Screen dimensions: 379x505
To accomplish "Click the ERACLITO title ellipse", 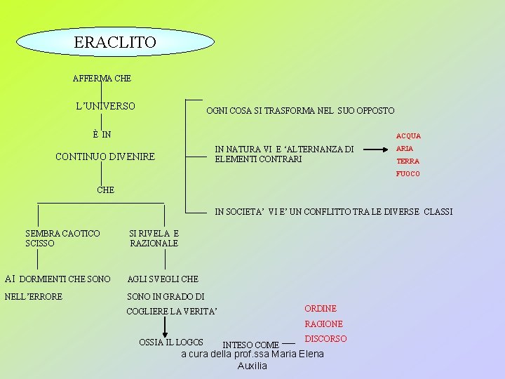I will coord(115,42).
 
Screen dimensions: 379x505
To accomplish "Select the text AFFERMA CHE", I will coord(102,78).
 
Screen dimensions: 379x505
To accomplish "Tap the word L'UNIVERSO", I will coord(105,106).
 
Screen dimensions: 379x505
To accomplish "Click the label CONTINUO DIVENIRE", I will coord(105,156).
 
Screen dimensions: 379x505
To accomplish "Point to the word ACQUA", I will coord(408,136).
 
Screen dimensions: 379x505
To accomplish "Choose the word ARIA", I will coord(405,149).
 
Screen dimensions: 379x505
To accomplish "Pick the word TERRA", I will coord(408,161).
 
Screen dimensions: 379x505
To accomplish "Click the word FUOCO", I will coord(408,174).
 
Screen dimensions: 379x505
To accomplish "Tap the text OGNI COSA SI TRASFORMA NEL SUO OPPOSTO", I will coord(300,111).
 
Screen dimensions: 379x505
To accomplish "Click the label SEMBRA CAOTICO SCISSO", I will coord(62,238).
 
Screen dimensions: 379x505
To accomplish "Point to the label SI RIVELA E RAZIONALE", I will coord(154,238).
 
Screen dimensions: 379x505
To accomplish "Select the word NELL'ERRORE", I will coord(34,297).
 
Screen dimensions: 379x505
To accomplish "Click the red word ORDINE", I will coord(321,309).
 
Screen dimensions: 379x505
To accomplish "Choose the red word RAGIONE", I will coord(323,324).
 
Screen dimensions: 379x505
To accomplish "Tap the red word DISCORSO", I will coord(325,339).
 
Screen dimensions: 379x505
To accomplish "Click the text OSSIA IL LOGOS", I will coord(171,343).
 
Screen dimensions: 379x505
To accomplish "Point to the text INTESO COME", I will coord(250,345).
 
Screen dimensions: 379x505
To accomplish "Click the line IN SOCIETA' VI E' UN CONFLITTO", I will coord(333,211).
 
